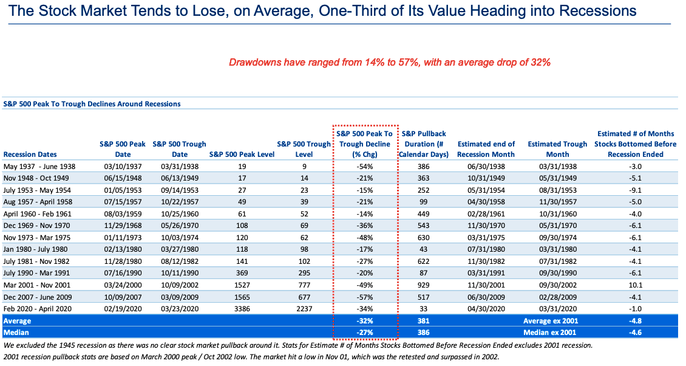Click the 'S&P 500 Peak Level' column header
[x=242, y=154]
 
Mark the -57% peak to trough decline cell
[x=365, y=297]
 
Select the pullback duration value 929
[x=424, y=286]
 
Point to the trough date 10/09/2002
[x=179, y=286]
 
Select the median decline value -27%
[x=365, y=331]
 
